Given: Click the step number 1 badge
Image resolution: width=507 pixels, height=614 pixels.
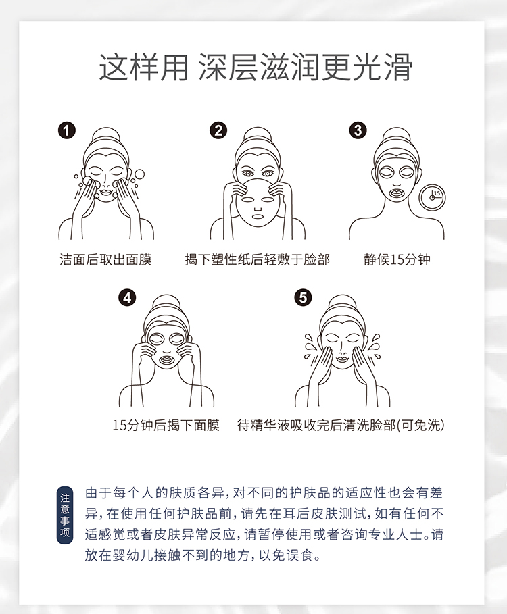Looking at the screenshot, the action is click(x=67, y=130).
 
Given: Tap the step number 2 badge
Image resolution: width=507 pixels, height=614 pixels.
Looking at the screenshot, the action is click(x=218, y=130).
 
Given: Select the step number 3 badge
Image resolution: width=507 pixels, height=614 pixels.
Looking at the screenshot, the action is click(x=358, y=130).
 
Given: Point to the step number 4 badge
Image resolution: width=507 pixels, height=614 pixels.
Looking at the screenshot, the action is click(x=127, y=298).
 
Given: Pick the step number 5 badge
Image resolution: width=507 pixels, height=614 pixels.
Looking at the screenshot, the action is click(x=303, y=298).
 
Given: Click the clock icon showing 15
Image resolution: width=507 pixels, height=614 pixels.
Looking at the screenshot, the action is click(x=432, y=197).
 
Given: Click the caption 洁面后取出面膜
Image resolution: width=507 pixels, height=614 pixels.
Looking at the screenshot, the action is click(x=105, y=259).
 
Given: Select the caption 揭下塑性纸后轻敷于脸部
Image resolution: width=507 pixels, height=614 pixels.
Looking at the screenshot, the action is click(x=258, y=259).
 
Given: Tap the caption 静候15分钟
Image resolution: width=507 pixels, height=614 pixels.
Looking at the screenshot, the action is click(x=397, y=259).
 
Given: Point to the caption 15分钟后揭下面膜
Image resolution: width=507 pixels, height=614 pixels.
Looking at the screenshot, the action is click(x=166, y=425).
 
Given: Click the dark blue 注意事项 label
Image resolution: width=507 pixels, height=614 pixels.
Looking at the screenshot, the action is click(x=65, y=515).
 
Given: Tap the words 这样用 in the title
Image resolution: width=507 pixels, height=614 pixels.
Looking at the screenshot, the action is click(x=143, y=68).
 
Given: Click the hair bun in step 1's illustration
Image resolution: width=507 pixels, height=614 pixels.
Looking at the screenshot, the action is click(x=105, y=136).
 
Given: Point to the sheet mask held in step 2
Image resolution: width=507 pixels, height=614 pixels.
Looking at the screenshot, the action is click(x=257, y=202).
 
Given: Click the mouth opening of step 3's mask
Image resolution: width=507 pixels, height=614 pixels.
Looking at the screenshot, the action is click(x=397, y=193).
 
